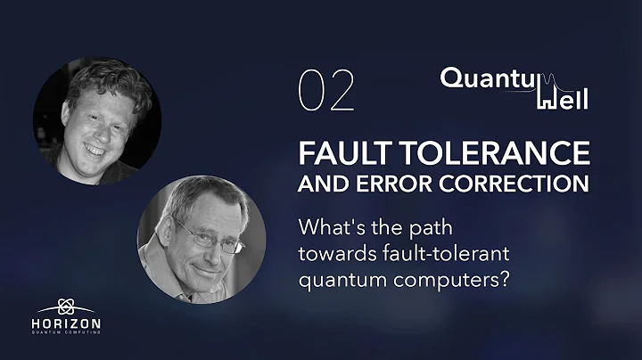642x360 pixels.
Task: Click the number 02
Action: tap(326, 91)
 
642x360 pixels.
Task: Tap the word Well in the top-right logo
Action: tap(561, 99)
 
